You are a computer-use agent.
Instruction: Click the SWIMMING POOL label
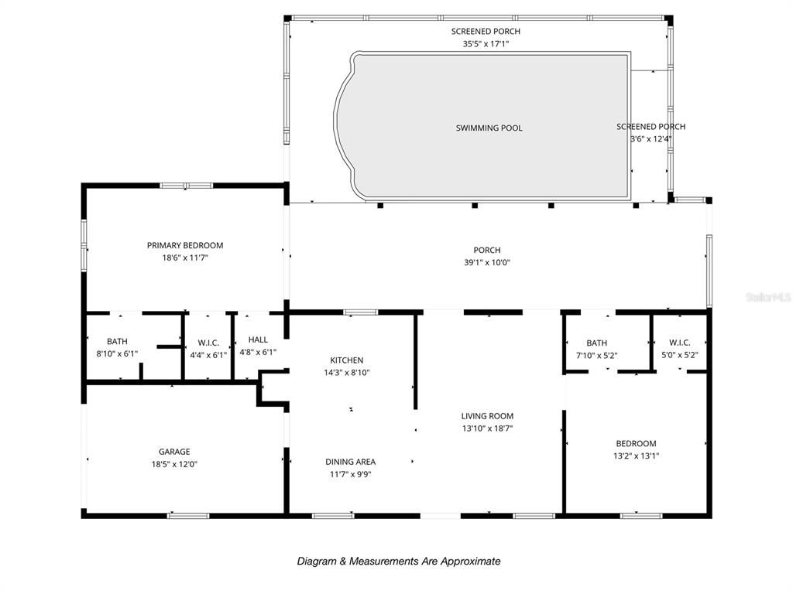click(489, 128)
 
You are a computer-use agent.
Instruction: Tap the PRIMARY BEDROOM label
click(185, 246)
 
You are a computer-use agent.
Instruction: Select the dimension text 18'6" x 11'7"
click(185, 258)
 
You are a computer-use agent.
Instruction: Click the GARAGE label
click(174, 452)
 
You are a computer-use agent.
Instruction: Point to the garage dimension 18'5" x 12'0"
click(174, 464)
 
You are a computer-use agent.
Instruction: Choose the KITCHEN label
click(346, 360)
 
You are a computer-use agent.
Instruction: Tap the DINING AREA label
click(350, 462)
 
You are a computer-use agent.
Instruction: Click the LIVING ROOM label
click(487, 416)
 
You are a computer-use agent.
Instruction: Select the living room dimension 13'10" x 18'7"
click(487, 428)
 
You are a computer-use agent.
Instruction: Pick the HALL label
click(258, 340)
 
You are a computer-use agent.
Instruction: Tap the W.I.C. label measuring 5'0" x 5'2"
click(679, 343)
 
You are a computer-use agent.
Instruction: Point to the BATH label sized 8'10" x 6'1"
click(117, 341)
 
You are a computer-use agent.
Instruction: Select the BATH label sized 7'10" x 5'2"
click(596, 343)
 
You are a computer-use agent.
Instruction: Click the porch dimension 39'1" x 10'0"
click(487, 262)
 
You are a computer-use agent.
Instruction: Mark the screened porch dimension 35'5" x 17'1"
click(486, 44)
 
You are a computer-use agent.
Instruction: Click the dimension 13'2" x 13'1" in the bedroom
click(636, 456)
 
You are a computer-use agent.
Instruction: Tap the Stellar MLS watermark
click(767, 296)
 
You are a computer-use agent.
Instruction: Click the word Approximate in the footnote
click(470, 562)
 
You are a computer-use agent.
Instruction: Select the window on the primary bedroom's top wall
click(186, 186)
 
